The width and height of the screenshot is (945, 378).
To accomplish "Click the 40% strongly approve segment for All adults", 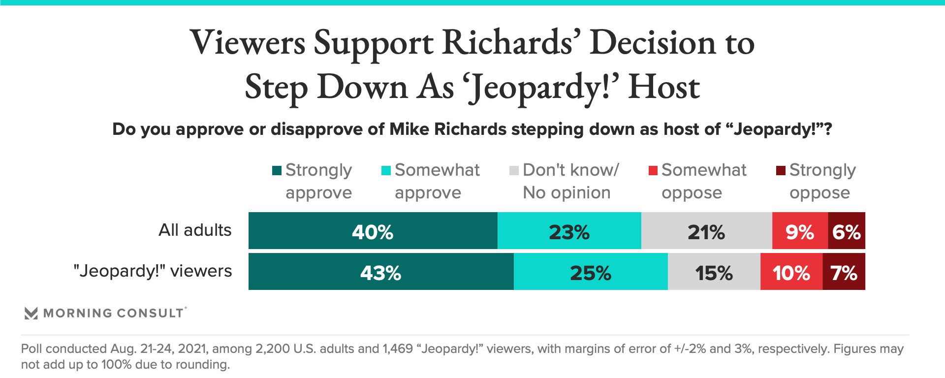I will pyautogui.click(x=373, y=231).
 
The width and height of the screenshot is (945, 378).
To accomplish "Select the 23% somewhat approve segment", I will pyautogui.click(x=569, y=231).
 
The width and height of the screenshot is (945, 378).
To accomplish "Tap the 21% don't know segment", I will pyautogui.click(x=706, y=231).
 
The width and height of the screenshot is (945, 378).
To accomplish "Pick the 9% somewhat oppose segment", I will pyautogui.click(x=800, y=231).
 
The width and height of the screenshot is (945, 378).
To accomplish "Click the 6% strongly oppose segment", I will pyautogui.click(x=847, y=231).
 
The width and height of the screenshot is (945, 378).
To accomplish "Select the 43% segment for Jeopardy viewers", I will pyautogui.click(x=380, y=272).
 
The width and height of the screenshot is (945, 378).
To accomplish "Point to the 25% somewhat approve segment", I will pyautogui.click(x=591, y=272).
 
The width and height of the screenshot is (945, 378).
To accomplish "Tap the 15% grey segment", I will pyautogui.click(x=714, y=272).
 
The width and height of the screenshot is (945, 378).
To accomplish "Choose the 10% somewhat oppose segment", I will pyautogui.click(x=791, y=272).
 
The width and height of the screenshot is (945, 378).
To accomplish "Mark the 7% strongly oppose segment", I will pyautogui.click(x=844, y=272).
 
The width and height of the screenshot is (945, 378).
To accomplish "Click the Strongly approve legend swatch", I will pyautogui.click(x=277, y=171).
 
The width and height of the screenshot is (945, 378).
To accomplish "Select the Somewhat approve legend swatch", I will pyautogui.click(x=386, y=171).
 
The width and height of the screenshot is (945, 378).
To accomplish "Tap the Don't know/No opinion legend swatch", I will pyautogui.click(x=514, y=171).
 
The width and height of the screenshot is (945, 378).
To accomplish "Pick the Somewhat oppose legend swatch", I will pyautogui.click(x=653, y=171).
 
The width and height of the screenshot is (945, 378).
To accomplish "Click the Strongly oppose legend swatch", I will pyautogui.click(x=781, y=171).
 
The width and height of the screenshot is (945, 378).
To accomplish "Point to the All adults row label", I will pyautogui.click(x=195, y=230).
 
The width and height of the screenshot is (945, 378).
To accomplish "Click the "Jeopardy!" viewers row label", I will pyautogui.click(x=153, y=271).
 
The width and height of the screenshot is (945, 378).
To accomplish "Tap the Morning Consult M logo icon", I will pyautogui.click(x=31, y=313).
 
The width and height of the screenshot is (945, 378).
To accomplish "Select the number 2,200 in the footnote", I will pyautogui.click(x=272, y=349).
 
